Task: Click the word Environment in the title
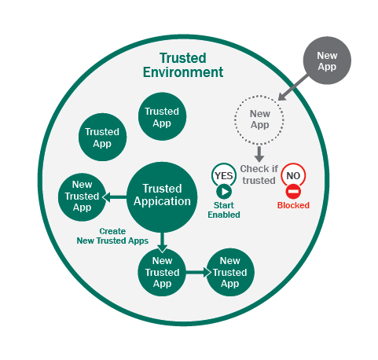pos(183,72)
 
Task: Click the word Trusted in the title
pos(183,58)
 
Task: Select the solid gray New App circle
pos(327,61)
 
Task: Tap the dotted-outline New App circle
pos(259,120)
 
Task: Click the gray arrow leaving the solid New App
pos(293,87)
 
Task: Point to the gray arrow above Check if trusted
pos(259,154)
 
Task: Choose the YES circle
pos(224,175)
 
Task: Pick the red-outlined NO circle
pos(293,175)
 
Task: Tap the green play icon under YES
pos(224,192)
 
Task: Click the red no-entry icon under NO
pos(293,192)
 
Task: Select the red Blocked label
pos(293,205)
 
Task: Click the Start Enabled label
pos(224,210)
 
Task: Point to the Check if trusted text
pos(259,174)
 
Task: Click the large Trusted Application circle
pos(162,197)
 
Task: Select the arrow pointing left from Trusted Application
pos(115,197)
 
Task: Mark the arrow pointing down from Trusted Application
pos(162,242)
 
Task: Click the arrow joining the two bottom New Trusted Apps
pos(198,273)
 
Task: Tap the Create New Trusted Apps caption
pos(112,236)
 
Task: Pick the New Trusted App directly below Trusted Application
pos(162,272)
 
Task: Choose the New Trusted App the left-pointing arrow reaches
pos(82,197)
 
